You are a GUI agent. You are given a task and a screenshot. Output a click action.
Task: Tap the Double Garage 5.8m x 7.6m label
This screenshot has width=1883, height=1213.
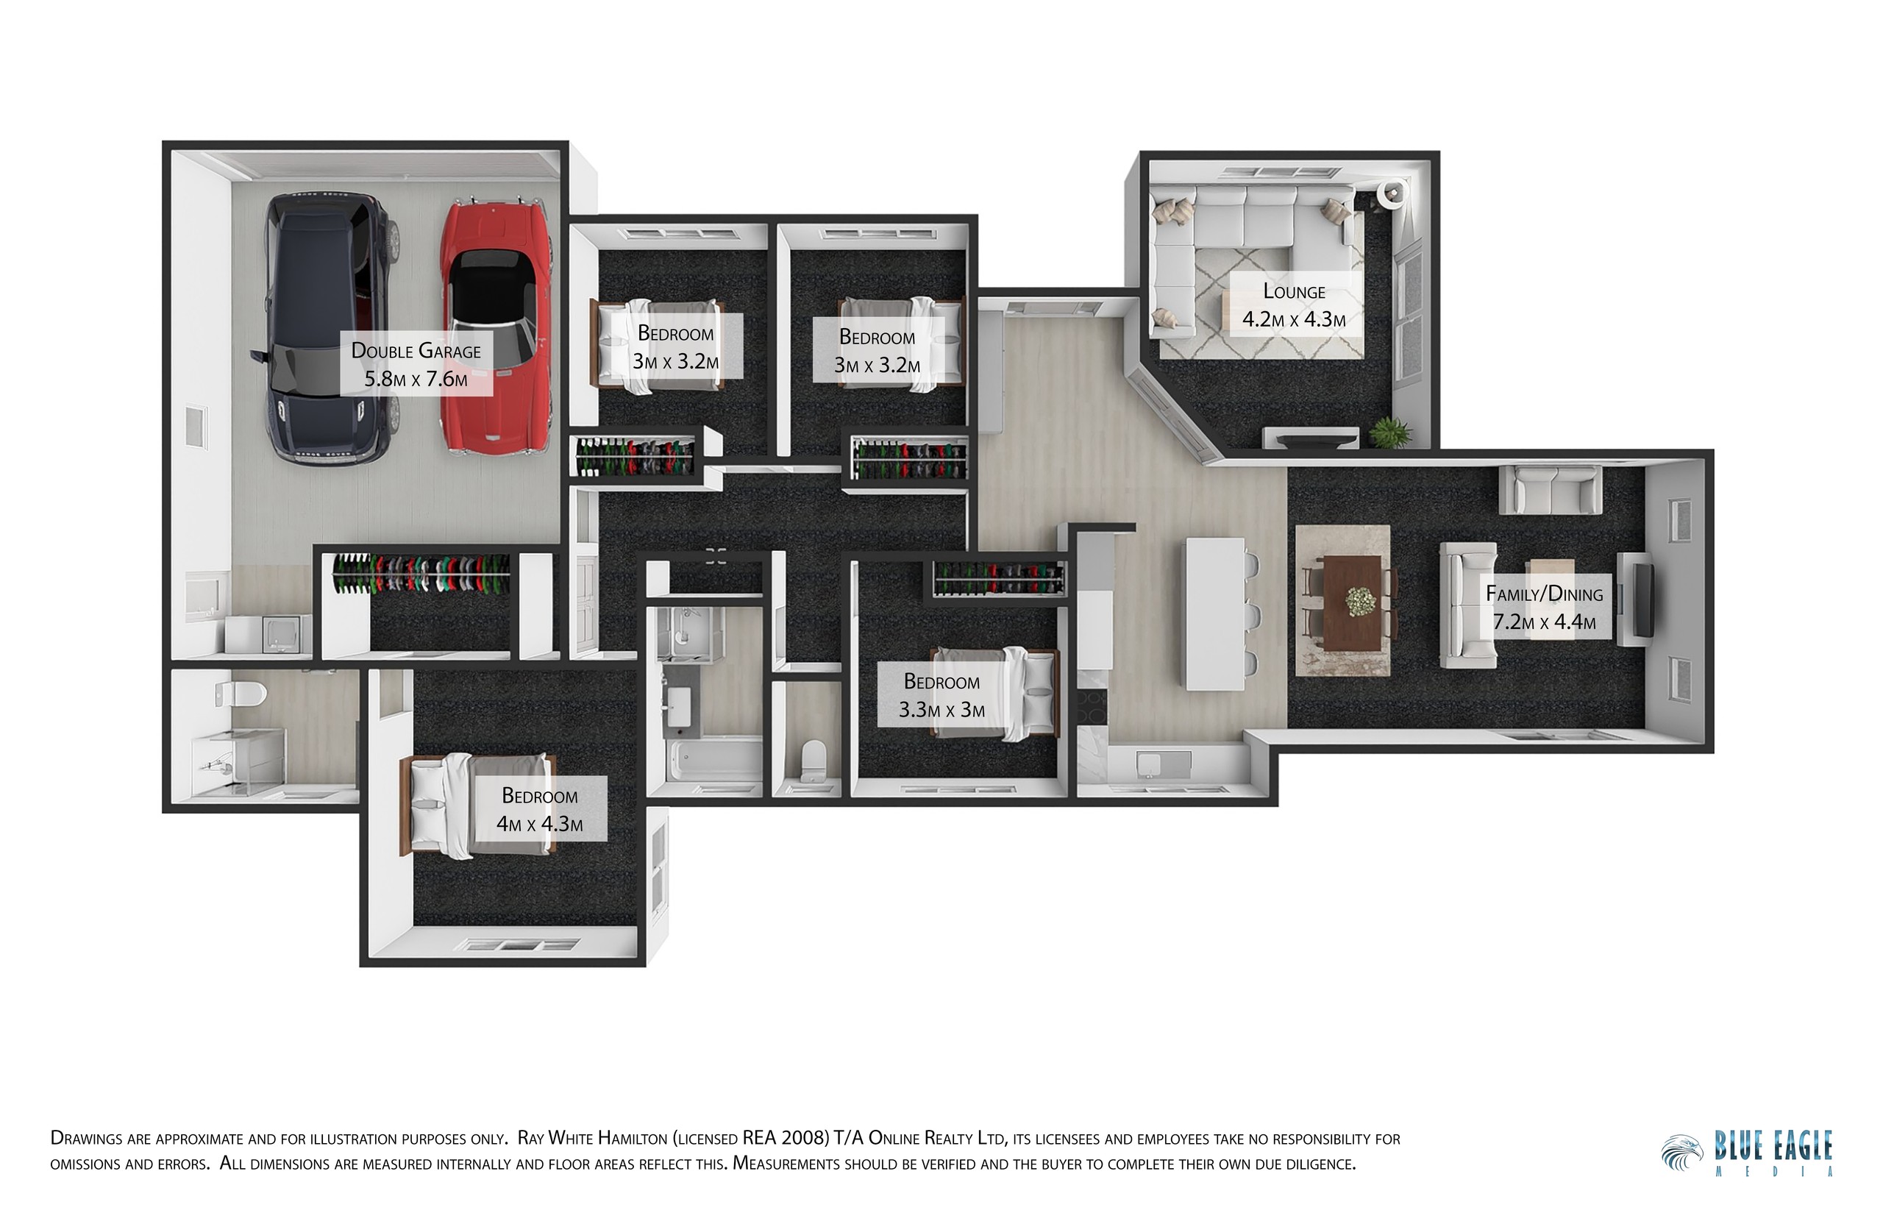click(x=416, y=364)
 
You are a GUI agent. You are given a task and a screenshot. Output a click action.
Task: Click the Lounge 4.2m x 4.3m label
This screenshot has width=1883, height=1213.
click(x=1294, y=305)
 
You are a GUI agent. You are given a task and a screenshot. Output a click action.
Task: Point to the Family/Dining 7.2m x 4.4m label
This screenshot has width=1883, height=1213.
click(x=1545, y=608)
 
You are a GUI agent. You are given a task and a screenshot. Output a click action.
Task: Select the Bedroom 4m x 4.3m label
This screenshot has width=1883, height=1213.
click(x=539, y=810)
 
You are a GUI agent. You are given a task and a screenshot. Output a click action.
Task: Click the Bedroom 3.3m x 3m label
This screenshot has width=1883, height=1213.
click(x=942, y=695)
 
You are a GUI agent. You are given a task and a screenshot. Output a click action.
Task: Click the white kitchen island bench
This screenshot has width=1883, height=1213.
click(x=1214, y=613)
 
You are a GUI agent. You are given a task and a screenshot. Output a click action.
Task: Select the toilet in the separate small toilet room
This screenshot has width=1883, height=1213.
click(x=812, y=760)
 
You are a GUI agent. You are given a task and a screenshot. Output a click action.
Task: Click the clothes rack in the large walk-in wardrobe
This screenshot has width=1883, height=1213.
click(x=421, y=574)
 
